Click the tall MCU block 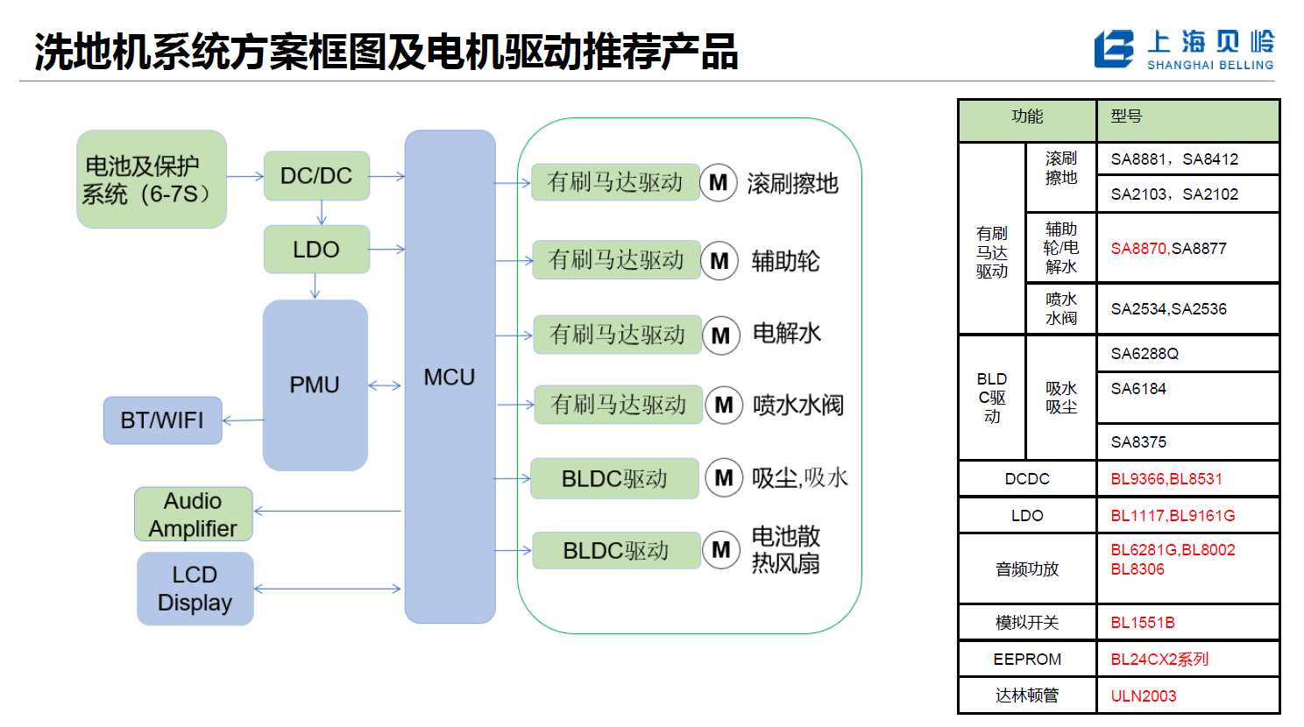(450, 377)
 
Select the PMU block (315, 385)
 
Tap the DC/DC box (315, 176)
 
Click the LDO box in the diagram (315, 250)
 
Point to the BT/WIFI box (162, 420)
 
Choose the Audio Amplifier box (193, 514)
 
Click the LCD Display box (195, 589)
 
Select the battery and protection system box (151, 180)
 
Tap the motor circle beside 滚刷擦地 (718, 183)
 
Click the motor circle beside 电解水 (720, 335)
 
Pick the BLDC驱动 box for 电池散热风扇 (615, 550)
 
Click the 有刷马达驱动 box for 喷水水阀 (618, 405)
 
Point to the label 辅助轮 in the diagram (785, 261)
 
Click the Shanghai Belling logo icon (1113, 49)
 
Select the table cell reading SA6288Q (1145, 354)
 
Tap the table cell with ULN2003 (1144, 696)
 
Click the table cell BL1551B (1143, 623)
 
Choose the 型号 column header (1127, 116)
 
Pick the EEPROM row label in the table (1027, 660)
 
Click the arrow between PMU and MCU (385, 385)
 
